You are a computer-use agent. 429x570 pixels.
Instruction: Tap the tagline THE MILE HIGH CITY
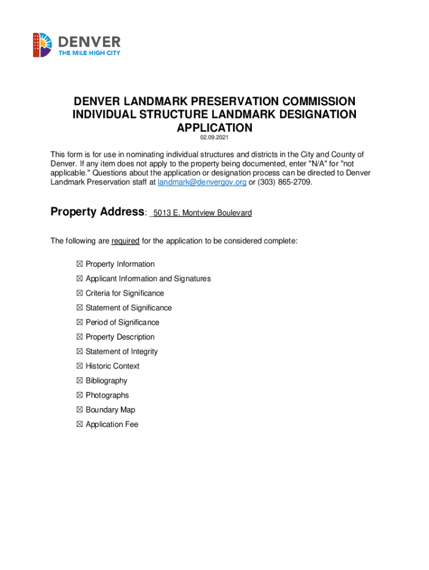(90, 53)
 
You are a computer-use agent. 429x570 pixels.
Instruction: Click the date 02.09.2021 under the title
(214, 138)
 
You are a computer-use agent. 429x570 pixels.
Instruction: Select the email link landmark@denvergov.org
(202, 183)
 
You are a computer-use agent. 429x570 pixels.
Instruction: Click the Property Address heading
(97, 212)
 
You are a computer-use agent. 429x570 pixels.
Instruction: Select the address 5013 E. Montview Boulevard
(202, 213)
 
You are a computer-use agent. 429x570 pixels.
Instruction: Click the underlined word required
(125, 241)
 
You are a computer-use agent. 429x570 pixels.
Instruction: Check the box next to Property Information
(80, 264)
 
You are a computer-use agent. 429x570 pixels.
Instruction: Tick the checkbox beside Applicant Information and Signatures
(80, 279)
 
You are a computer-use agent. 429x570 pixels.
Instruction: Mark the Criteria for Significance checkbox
(80, 293)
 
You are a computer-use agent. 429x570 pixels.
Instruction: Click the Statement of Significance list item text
(129, 308)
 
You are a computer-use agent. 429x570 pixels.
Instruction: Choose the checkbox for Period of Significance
(80, 322)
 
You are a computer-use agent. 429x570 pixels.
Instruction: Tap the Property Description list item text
(120, 337)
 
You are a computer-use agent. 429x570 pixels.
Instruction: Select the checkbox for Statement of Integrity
(80, 352)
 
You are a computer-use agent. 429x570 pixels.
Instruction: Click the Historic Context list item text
(113, 366)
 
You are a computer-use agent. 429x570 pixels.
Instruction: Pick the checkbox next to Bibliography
(80, 381)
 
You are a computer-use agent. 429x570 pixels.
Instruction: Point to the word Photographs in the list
(107, 395)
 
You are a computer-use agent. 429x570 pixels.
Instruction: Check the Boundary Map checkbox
(80, 410)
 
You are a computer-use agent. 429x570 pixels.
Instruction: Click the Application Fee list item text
(112, 424)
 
